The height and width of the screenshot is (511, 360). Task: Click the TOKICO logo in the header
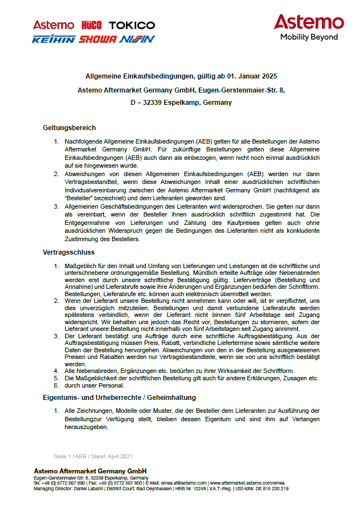[x=132, y=25]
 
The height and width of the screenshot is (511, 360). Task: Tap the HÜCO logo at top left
[x=91, y=25]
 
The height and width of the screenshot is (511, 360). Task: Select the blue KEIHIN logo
[x=53, y=39]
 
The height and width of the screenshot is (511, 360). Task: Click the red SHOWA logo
[x=97, y=39]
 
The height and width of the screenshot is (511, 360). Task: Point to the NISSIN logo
[x=136, y=39]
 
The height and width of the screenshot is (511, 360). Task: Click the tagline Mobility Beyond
[x=309, y=37]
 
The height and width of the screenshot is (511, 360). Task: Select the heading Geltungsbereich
[x=70, y=128]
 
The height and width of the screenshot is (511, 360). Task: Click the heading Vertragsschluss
[x=69, y=252]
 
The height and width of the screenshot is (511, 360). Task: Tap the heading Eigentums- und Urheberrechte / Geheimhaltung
[x=119, y=398]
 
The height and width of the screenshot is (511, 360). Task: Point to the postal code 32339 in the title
[x=150, y=103]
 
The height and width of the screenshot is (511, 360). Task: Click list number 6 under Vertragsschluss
[x=56, y=386]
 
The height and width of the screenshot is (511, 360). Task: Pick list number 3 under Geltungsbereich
[x=56, y=206]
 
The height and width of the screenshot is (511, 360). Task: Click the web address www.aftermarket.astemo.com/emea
[x=247, y=483]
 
